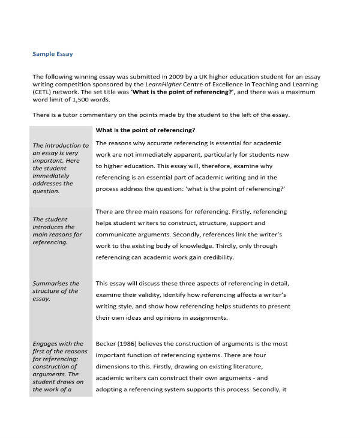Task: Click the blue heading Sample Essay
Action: coord(53,54)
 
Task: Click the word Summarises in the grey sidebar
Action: coord(48,283)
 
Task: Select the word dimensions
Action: coord(116,366)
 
